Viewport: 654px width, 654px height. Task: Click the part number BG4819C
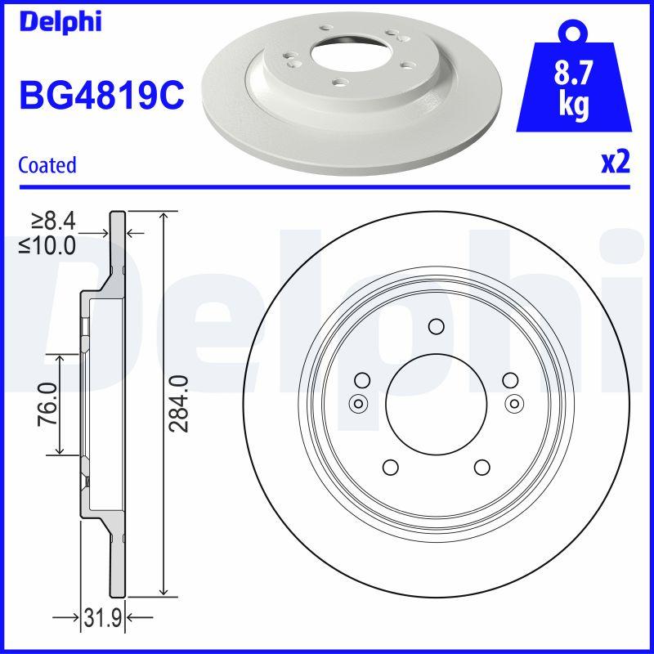coord(101,96)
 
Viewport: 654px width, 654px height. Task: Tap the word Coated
coord(47,165)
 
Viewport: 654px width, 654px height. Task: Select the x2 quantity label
coord(615,163)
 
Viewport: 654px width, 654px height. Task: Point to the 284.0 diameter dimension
coord(181,402)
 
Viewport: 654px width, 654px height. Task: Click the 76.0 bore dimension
coord(47,404)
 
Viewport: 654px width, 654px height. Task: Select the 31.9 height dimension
coord(104,619)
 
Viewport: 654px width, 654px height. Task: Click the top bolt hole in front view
coord(436,327)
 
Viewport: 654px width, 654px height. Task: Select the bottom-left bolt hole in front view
coord(390,467)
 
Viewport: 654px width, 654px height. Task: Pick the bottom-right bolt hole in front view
coord(482,467)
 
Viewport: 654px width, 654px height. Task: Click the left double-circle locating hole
coord(357,402)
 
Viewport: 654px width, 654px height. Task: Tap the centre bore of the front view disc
coord(436,404)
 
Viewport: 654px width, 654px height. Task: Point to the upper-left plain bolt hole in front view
coord(361,379)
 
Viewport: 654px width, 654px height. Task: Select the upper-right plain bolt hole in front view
coord(509,379)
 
